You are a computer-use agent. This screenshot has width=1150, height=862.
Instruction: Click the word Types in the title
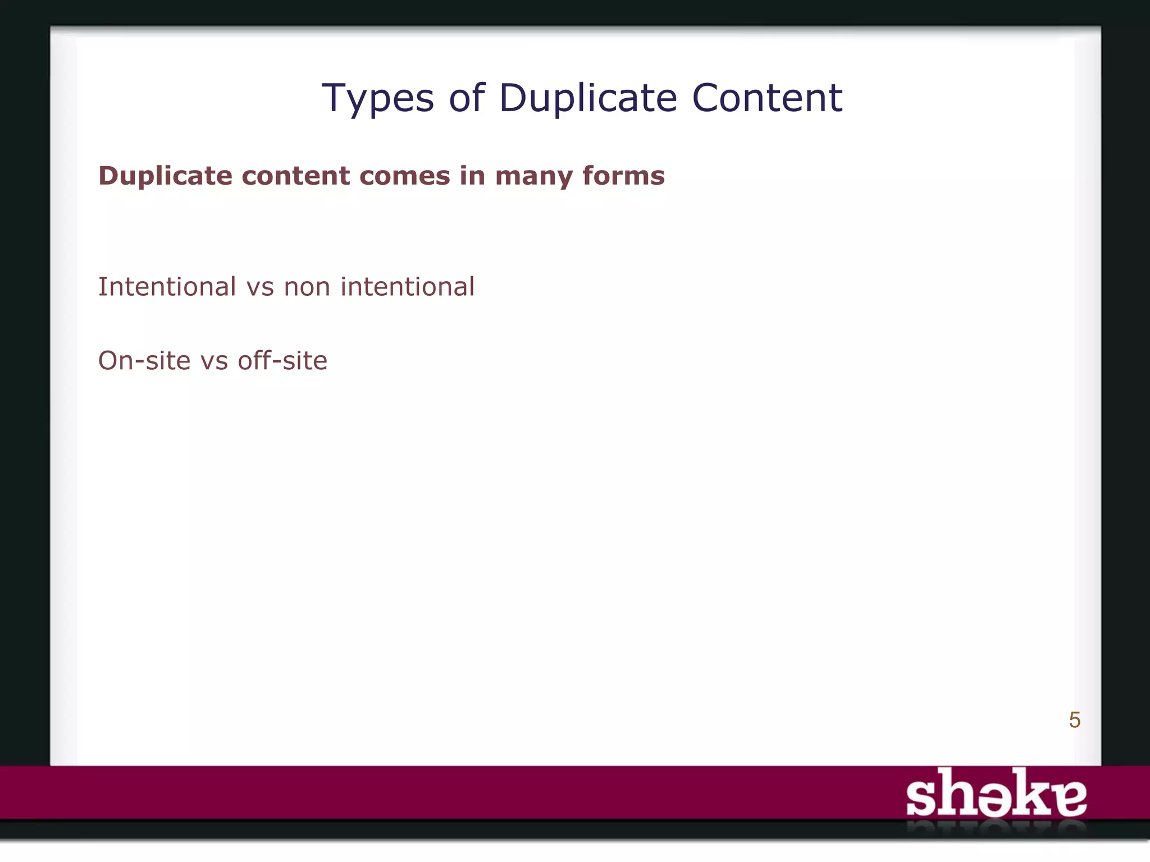[x=378, y=99]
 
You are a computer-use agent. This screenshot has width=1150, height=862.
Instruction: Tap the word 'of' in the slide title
[x=466, y=98]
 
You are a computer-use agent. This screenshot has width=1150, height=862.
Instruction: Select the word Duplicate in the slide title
[x=587, y=98]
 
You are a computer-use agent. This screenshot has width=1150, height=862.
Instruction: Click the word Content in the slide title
[x=767, y=98]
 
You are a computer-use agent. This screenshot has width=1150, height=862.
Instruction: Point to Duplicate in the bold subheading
[x=166, y=176]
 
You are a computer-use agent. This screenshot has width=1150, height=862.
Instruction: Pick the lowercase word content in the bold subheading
[x=290, y=176]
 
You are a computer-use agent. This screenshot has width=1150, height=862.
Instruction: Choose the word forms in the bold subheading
[x=623, y=176]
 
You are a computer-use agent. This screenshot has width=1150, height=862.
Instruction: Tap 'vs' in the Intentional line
[x=261, y=287]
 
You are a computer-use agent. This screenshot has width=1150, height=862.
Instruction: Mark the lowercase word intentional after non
[x=408, y=287]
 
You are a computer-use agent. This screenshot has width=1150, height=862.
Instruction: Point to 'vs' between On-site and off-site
[x=214, y=361]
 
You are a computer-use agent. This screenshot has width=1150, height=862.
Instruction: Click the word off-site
[x=282, y=360]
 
